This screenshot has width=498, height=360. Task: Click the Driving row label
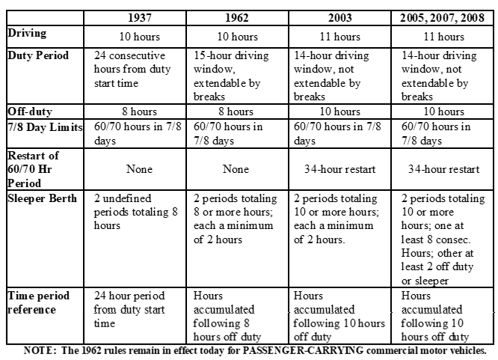28,33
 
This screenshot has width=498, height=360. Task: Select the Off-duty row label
31,112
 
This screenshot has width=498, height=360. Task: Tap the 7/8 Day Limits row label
46,126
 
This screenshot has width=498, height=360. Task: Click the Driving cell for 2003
339,35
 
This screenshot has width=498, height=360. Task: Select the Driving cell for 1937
140,35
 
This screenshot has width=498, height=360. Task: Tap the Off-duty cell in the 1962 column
239,112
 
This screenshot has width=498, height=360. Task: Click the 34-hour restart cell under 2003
339,168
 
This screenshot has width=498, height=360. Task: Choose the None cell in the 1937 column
140,168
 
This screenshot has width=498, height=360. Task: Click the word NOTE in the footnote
38,350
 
